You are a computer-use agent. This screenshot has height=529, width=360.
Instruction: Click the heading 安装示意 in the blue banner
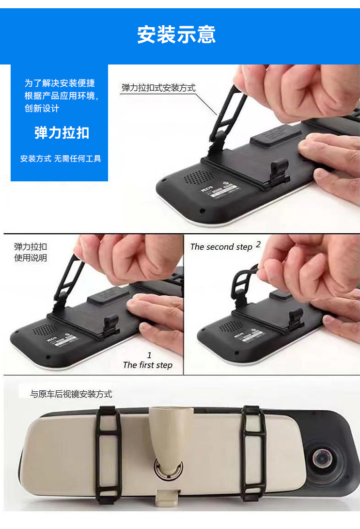click(x=176, y=34)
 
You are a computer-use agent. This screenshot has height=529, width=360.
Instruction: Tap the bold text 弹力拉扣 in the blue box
click(x=62, y=133)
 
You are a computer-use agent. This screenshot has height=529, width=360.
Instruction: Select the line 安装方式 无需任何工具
click(x=61, y=159)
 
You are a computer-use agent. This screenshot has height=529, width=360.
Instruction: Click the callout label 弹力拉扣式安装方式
click(x=158, y=88)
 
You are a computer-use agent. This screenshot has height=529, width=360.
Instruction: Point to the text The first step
click(x=147, y=365)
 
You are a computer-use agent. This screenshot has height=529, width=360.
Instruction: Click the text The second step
click(x=221, y=247)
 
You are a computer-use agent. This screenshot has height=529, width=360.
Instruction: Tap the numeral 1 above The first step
click(x=149, y=355)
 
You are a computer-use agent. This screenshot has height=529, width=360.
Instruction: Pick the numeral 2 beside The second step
click(x=258, y=245)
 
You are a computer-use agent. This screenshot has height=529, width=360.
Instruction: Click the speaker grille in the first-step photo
click(x=43, y=330)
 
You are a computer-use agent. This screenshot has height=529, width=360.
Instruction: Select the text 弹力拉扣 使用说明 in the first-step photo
click(x=31, y=253)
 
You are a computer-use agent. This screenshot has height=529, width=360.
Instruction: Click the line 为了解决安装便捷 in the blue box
click(x=60, y=83)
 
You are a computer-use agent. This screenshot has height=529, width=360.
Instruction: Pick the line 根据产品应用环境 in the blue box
click(x=61, y=96)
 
